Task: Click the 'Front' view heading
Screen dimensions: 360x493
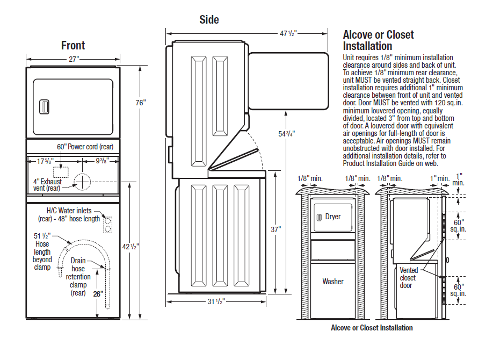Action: tap(73, 46)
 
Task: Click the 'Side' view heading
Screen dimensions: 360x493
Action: tap(209, 20)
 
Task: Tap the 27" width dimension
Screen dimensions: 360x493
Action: tap(74, 59)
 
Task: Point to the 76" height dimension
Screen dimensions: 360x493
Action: tap(140, 103)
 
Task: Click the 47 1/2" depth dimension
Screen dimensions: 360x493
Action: tap(288, 33)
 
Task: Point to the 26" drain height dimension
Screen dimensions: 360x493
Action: tap(97, 294)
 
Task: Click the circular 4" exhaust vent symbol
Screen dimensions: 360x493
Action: tap(83, 182)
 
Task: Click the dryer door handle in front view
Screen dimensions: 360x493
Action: tap(44, 106)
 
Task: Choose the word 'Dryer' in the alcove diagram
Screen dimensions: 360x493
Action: tap(333, 217)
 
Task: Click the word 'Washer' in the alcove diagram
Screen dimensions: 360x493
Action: tap(333, 282)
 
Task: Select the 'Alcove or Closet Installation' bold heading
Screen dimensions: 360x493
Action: tap(378, 40)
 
